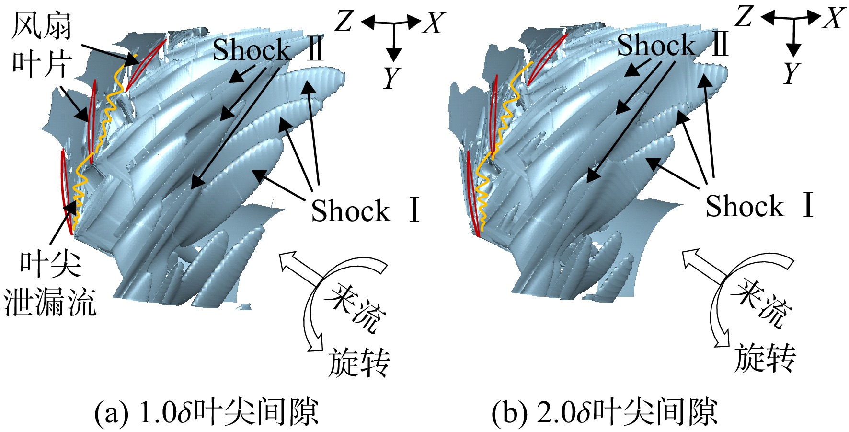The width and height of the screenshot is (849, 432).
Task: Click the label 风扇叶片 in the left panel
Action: tap(42, 45)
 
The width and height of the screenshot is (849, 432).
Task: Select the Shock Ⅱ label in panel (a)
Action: tap(268, 49)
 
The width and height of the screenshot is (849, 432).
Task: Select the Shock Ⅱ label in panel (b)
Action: tap(673, 45)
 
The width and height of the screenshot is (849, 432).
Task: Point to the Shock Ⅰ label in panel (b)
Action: tap(760, 205)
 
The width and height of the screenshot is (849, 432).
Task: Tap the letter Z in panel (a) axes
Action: tap(344, 22)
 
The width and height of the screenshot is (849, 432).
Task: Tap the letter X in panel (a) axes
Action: tap(434, 23)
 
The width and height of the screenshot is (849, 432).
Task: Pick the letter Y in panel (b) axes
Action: tap(792, 73)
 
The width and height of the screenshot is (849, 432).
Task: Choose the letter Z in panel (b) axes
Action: tap(744, 17)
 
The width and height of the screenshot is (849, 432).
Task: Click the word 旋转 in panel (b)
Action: tap(765, 357)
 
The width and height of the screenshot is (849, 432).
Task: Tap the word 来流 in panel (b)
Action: tap(761, 304)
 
